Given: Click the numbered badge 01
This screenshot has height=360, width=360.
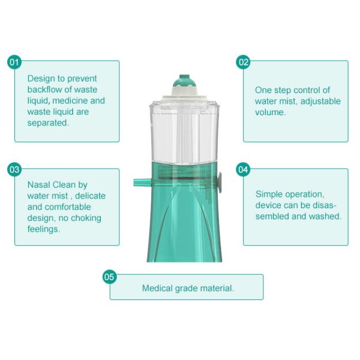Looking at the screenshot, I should (15, 62).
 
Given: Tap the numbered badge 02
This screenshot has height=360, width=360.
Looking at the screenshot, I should (243, 62).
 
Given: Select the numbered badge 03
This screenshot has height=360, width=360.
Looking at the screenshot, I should (15, 170).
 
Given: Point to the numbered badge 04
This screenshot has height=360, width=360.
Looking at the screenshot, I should (243, 170).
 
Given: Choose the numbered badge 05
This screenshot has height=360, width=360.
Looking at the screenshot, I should (109, 277).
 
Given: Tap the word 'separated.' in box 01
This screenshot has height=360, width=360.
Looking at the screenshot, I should (48, 122).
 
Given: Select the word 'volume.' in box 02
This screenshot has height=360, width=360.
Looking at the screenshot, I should (270, 112).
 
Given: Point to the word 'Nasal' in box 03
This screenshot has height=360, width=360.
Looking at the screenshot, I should (39, 185).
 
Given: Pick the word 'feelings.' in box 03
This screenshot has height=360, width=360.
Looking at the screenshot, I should (44, 229).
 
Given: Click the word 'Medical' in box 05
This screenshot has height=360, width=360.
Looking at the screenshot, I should (158, 289).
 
